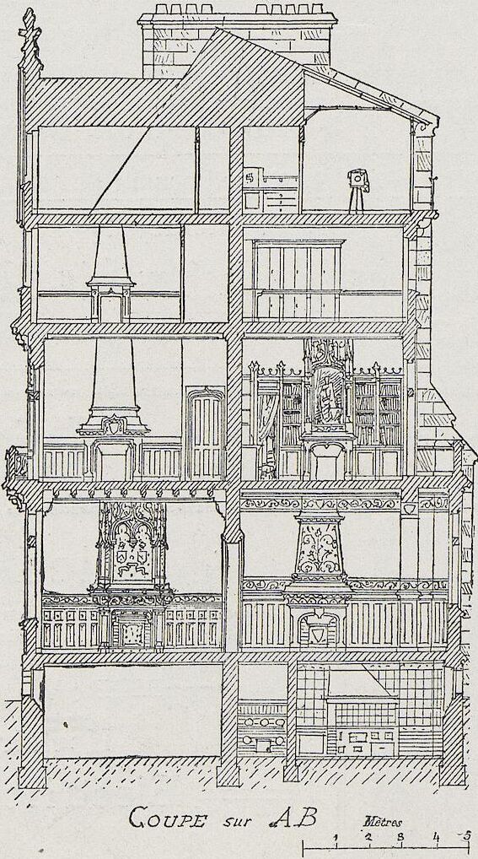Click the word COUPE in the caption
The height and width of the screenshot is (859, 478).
coord(167,819)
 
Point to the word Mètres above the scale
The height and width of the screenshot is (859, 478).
coord(382,823)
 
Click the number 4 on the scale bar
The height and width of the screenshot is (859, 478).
coord(436,837)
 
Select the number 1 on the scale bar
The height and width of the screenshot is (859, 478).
coord(336,838)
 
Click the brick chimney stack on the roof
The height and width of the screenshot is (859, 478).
coord(237,41)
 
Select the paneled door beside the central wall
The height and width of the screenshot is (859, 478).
coord(206,432)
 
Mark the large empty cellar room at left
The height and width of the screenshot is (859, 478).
coord(133,710)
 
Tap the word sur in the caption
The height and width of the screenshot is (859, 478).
coord(237,822)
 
